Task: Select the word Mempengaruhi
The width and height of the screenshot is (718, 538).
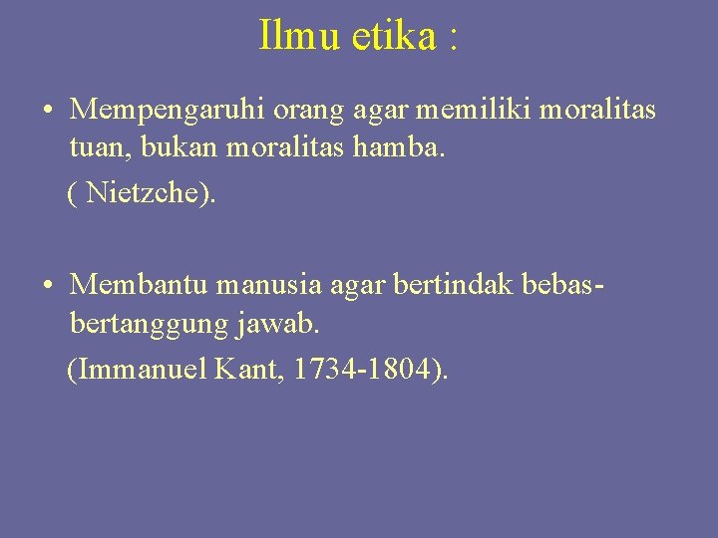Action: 164,110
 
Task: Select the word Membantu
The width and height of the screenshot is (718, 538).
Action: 140,285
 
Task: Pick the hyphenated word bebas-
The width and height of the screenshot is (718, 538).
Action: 563,285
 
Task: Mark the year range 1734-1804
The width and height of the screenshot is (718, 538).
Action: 364,370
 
